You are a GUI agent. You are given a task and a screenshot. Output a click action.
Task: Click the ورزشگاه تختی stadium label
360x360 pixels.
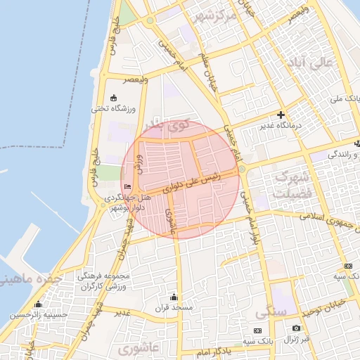pos(109,109)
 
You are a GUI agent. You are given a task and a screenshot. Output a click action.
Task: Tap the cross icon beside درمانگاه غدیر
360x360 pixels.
pos(281,115)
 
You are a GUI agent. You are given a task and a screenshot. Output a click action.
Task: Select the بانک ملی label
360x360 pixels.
pos(345,99)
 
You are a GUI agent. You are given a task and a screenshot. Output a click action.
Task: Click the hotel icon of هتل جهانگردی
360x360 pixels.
pos(127,186)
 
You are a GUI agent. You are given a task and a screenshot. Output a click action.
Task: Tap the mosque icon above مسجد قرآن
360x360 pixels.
pos(174,297)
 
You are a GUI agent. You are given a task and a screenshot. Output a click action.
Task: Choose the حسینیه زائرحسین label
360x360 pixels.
pos(34,315)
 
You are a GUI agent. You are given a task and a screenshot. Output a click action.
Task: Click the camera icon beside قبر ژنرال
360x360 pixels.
pos(296,328)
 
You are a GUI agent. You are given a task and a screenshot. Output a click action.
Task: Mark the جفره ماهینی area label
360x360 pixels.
pos(32,279)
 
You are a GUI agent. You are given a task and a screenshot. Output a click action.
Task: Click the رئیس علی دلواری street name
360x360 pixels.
pos(192,183)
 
